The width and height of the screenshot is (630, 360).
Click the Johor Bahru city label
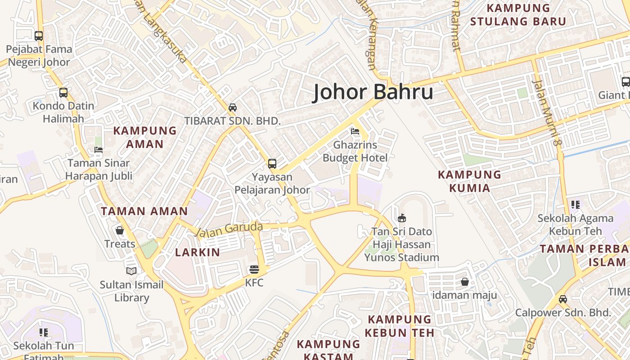pos(373,92)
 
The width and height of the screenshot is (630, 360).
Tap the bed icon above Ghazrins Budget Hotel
pos(355,132)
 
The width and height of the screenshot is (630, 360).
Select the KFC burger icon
pos(254,270)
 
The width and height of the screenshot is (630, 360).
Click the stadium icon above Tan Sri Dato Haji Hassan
pos(401,218)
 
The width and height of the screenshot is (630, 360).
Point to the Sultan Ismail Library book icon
pos(131,271)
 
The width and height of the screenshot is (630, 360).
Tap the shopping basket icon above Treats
pos(119,230)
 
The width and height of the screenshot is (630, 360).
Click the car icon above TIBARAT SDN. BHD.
pos(232,108)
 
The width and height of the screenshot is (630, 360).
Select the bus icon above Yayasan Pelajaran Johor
pos(272,163)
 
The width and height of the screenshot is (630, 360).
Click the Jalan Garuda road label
pos(229,229)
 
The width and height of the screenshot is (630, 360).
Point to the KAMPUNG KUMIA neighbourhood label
pos(469,181)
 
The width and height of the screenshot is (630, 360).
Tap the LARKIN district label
pos(198,252)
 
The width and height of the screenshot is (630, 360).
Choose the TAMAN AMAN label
pos(144,211)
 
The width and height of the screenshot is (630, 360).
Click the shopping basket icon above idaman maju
pos(464,282)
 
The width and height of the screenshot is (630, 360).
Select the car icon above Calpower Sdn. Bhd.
pos(562,299)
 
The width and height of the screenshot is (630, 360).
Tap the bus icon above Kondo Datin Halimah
pos(63,93)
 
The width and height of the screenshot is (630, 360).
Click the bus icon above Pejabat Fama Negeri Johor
pos(39,36)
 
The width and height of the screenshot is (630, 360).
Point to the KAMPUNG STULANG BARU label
pos(518,14)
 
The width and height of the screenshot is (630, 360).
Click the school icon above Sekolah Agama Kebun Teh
pos(575,205)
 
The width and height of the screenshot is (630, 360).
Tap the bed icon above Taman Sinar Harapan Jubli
pos(99,150)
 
